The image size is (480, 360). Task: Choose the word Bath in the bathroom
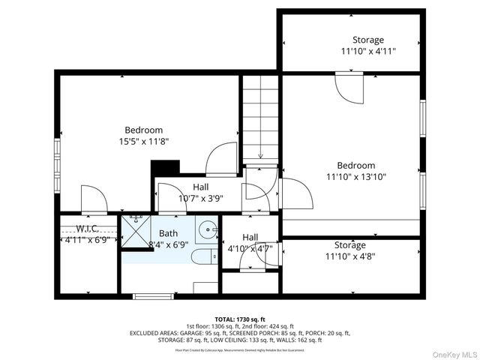pos(169,233)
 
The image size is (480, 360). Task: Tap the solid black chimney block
pos(165,167)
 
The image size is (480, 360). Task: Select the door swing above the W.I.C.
pos(93,199)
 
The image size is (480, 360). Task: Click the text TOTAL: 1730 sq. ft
pos(240,319)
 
